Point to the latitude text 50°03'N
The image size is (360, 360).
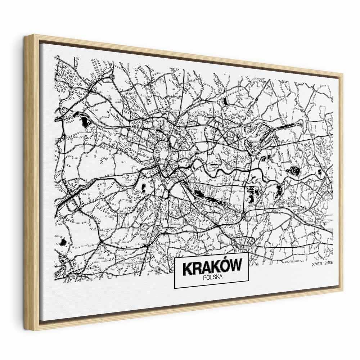(319, 265)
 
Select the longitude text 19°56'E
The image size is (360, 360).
(332, 265)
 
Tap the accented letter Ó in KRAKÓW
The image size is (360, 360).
(222, 267)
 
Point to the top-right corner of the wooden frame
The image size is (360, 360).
(342, 74)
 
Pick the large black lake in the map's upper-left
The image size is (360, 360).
(84, 122)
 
